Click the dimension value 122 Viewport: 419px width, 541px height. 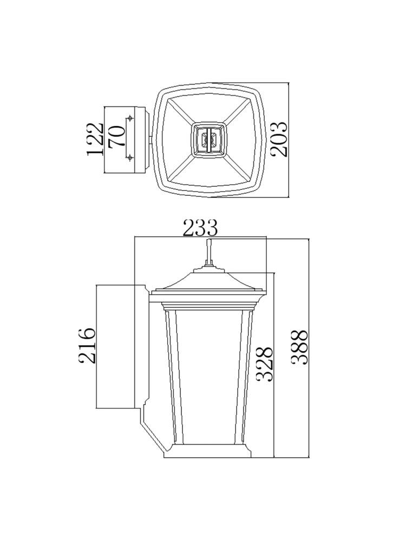[95, 140]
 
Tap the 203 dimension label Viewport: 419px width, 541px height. [279, 140]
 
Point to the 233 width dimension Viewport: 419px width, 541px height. [200, 228]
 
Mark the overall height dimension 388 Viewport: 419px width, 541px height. [299, 347]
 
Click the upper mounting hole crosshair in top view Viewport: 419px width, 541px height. [129, 118]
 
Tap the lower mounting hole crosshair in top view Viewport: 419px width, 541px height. [129, 157]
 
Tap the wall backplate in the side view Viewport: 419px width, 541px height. [142, 346]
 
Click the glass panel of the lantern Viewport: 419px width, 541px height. [209, 373]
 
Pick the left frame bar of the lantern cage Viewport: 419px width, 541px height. [173, 373]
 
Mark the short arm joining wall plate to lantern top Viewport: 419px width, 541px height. [150, 140]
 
